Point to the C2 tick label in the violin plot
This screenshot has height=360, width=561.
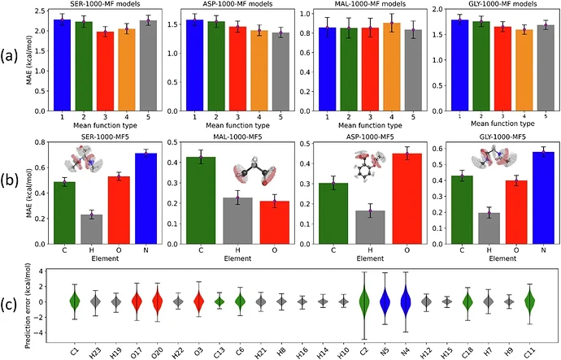click(x=363, y=352)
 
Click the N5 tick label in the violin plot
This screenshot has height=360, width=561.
click(x=384, y=352)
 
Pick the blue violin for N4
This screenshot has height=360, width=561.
click(x=405, y=301)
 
